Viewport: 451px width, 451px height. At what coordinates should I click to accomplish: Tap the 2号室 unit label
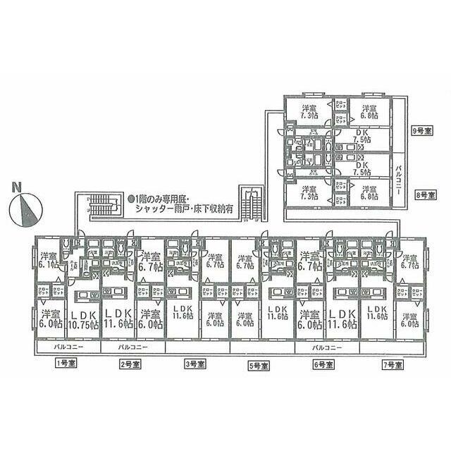pos(130,364)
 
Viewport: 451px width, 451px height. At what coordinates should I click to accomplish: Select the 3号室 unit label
pos(194,364)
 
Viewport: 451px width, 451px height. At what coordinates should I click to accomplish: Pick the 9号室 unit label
pos(422,130)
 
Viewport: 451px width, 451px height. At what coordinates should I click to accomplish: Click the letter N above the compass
pos(17,187)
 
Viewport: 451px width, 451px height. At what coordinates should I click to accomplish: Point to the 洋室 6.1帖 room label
pos(48,259)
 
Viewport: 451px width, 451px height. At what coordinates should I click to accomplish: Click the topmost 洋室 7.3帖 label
pos(308,111)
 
